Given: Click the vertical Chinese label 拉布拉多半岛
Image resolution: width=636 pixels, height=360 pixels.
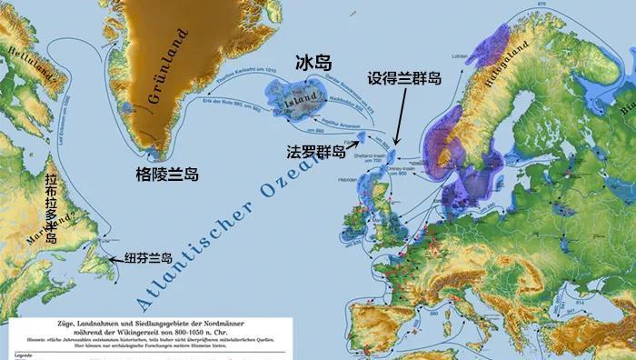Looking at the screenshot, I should [x=51, y=210].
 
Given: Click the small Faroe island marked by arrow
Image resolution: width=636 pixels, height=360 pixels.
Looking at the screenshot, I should [x=362, y=137].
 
